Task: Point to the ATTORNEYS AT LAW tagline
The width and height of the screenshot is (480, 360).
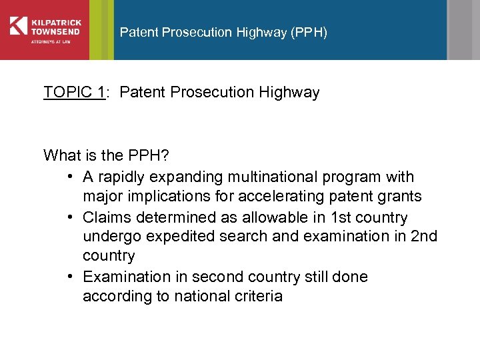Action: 51,41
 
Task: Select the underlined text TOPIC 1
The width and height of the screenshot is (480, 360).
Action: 74,92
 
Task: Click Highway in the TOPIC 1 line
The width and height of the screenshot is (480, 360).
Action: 288,92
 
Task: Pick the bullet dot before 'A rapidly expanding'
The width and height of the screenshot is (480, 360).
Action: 71,177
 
